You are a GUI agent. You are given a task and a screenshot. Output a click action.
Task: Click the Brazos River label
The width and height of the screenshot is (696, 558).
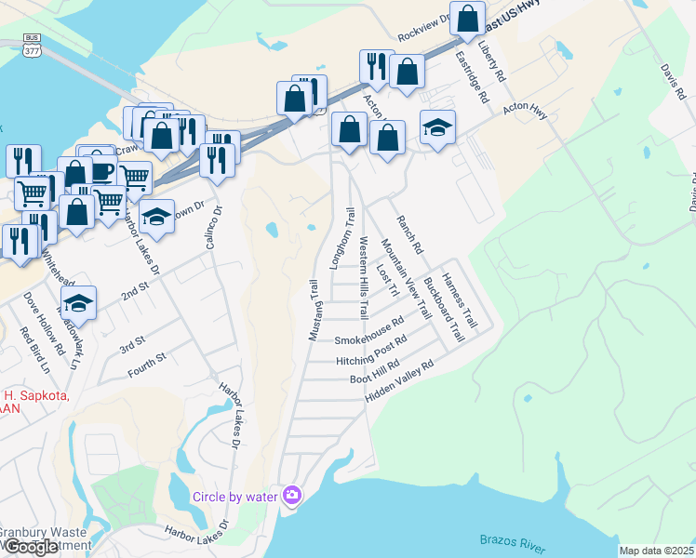511,539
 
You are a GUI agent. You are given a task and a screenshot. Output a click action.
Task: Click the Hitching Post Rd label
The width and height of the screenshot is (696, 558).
372,350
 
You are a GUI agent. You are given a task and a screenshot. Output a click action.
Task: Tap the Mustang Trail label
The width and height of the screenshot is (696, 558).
315,309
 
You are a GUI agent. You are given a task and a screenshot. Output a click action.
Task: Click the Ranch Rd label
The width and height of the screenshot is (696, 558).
409,235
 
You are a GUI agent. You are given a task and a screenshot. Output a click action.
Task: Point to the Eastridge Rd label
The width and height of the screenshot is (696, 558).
472,76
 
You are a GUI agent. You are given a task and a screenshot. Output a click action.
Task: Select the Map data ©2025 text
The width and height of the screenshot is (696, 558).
656,551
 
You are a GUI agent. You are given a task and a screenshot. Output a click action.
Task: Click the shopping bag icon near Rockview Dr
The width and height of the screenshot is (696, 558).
470,18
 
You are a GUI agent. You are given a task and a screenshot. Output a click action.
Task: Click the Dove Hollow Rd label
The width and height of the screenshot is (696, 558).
43,323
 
